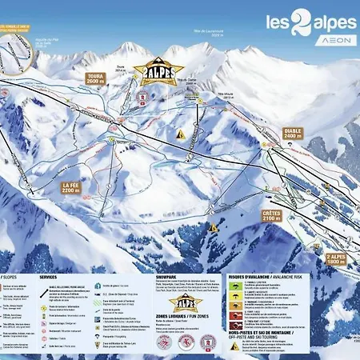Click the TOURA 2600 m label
coord(94,78)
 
